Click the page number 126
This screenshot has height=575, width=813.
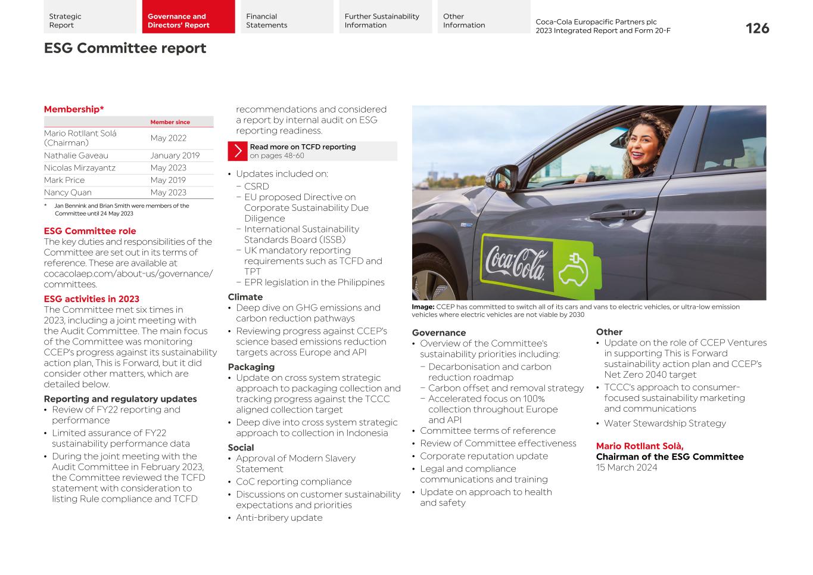pyautogui.click(x=757, y=28)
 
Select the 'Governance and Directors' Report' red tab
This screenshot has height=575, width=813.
pyautogui.click(x=188, y=21)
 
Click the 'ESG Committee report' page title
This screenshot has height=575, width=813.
pyautogui.click(x=125, y=48)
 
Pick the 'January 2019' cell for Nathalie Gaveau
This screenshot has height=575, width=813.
pyautogui.click(x=175, y=156)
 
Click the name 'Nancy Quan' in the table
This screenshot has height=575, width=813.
pyautogui.click(x=68, y=192)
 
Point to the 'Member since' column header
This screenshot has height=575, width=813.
pyautogui.click(x=170, y=122)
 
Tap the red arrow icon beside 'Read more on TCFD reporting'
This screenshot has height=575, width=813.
pyautogui.click(x=237, y=151)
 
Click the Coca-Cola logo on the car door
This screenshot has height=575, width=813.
pyautogui.click(x=515, y=263)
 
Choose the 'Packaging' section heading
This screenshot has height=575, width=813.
pyautogui.click(x=251, y=367)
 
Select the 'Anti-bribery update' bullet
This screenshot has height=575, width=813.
pyautogui.click(x=279, y=518)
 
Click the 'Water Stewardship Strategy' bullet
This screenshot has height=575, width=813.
pyautogui.click(x=665, y=424)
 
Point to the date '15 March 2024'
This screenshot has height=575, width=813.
pyautogui.click(x=627, y=468)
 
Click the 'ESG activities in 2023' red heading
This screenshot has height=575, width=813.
pyautogui.click(x=91, y=299)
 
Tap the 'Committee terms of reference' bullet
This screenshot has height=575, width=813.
pyautogui.click(x=487, y=431)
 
